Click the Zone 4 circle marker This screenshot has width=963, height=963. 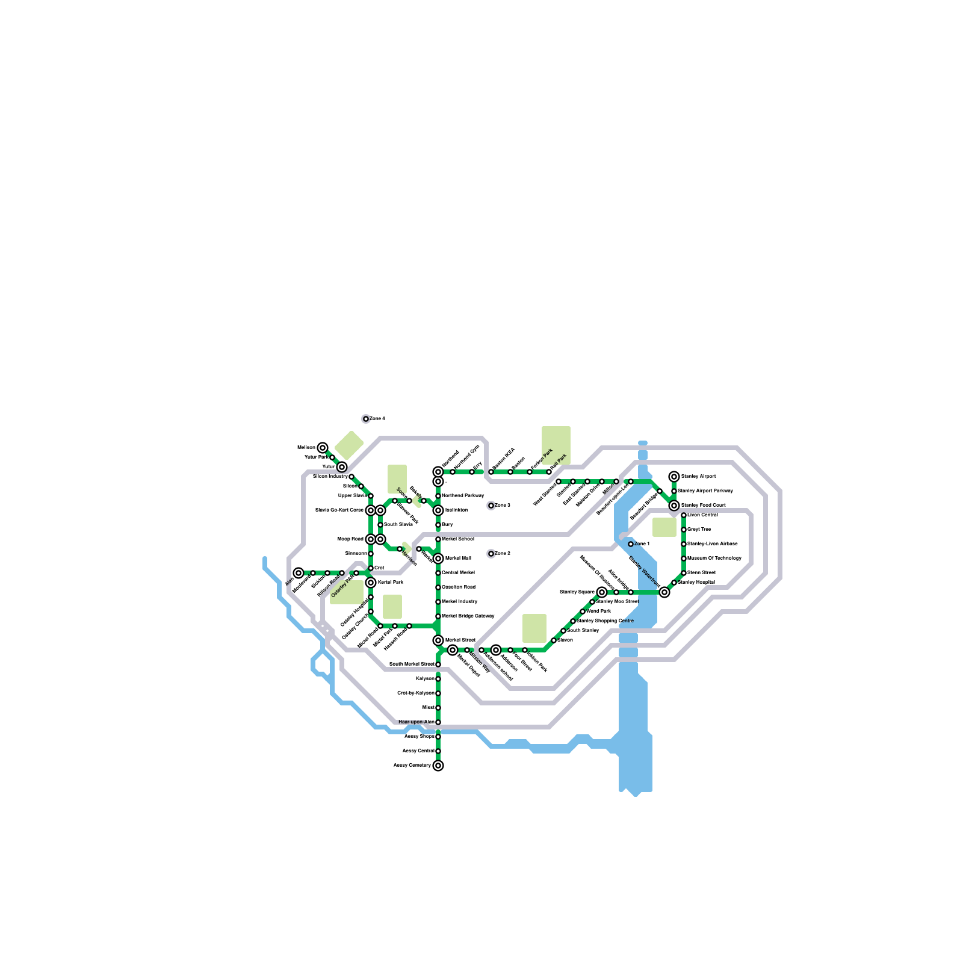point(366,419)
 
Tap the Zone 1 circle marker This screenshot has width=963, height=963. point(631,544)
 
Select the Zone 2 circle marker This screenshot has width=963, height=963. point(491,554)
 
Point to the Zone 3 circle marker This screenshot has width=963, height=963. point(491,506)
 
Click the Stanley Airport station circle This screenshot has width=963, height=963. point(674,477)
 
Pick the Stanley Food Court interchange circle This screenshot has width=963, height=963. point(674,506)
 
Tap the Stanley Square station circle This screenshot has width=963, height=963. point(602,592)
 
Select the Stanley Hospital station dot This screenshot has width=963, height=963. point(674,583)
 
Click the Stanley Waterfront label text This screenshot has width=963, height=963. point(645,572)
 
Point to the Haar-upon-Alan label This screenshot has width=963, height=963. point(416,722)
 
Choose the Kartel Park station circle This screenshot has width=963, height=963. point(371,583)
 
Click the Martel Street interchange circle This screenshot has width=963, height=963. point(438,640)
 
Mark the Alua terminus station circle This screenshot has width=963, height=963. point(299,573)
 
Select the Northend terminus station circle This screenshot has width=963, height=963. point(438,472)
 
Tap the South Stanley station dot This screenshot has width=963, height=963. point(563,631)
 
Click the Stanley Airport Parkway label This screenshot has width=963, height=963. point(705,491)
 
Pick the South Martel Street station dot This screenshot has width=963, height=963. point(438,664)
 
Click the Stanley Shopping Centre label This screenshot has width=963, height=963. point(605,621)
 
